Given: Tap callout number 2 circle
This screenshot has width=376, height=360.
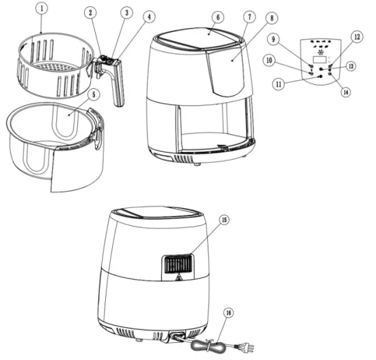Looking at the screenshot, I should (x=92, y=13).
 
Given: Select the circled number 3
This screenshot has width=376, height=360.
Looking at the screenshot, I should (x=126, y=13).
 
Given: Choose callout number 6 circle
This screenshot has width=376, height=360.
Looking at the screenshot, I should (x=217, y=16).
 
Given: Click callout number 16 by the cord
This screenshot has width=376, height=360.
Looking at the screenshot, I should (x=228, y=313).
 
